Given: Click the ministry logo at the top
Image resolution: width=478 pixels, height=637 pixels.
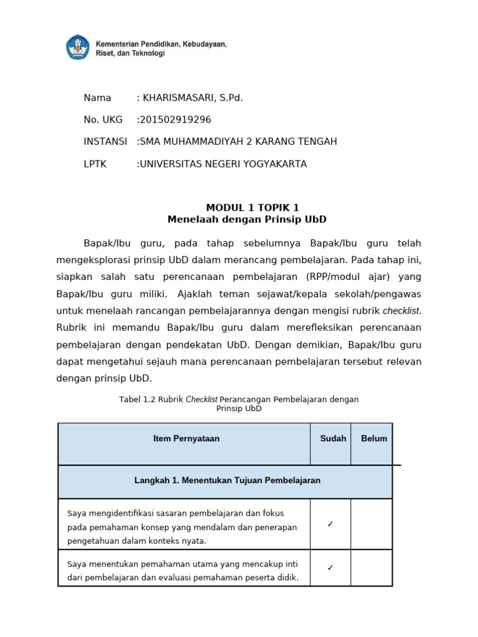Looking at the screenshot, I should click(x=78, y=48).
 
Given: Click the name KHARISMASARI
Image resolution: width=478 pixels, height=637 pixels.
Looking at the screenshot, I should click(x=180, y=98).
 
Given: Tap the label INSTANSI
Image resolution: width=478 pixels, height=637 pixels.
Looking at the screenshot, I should click(x=105, y=141).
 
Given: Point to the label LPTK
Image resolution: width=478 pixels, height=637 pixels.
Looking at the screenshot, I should click(x=95, y=164).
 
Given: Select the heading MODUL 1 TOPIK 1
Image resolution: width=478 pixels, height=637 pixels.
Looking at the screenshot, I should click(x=247, y=208).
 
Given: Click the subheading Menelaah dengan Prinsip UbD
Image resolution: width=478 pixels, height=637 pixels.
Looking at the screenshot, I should click(x=247, y=220).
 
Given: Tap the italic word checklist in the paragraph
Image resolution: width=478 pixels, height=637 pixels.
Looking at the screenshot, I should click(x=402, y=310).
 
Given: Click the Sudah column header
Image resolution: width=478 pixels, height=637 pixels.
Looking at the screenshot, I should click(x=333, y=439).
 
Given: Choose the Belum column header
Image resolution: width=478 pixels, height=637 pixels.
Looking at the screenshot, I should click(x=374, y=439).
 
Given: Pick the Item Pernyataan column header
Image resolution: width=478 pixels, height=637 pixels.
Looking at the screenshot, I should click(x=186, y=439).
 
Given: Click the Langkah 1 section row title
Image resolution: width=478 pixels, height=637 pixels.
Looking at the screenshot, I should click(x=227, y=480).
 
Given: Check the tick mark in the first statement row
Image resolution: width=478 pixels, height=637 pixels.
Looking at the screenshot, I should click(x=330, y=524).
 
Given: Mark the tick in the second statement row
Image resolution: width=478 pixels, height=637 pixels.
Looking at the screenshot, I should click(x=330, y=567).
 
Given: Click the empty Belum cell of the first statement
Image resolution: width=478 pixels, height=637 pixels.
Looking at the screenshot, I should click(x=372, y=524).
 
